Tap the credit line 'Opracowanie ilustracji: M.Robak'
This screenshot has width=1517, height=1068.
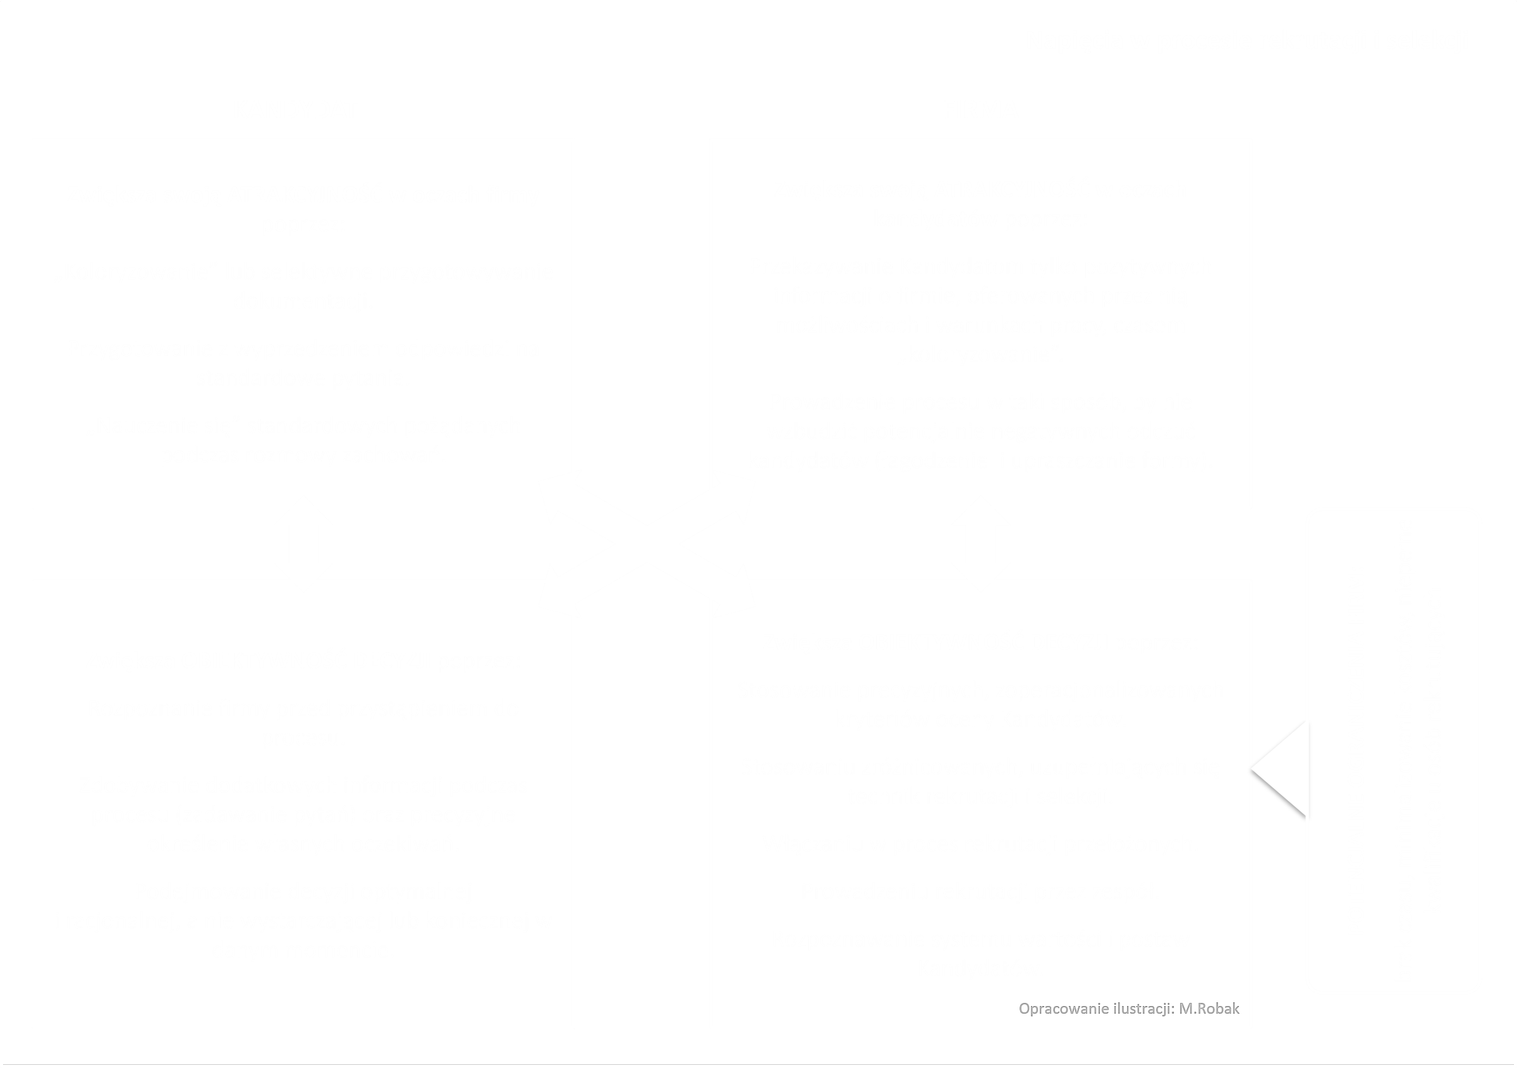click(1128, 1009)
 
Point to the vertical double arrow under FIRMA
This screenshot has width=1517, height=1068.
click(980, 544)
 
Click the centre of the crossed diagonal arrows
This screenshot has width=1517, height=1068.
click(647, 544)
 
